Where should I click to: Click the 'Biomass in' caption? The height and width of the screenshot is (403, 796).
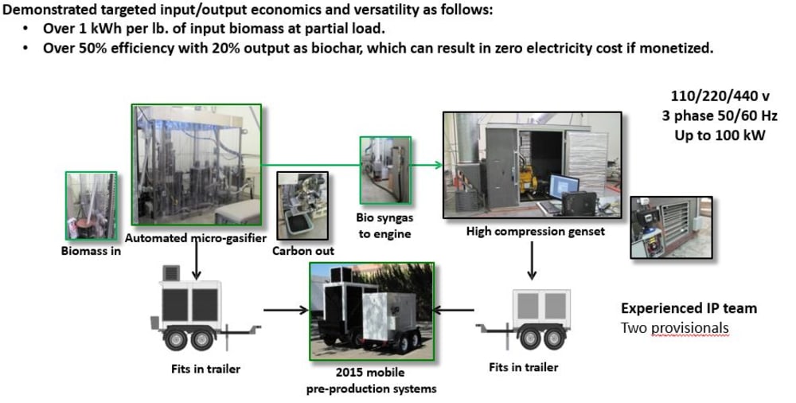point(89,249)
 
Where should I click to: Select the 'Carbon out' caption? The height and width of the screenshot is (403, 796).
point(303,250)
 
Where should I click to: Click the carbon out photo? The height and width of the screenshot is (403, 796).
point(301,206)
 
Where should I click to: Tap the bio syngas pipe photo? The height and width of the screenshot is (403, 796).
point(385,169)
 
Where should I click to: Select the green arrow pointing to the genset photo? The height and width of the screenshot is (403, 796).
point(425,166)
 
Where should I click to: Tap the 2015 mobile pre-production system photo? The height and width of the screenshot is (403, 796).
point(371,310)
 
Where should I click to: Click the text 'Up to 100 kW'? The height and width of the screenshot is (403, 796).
point(720,135)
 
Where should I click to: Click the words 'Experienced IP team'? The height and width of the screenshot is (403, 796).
point(689,308)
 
